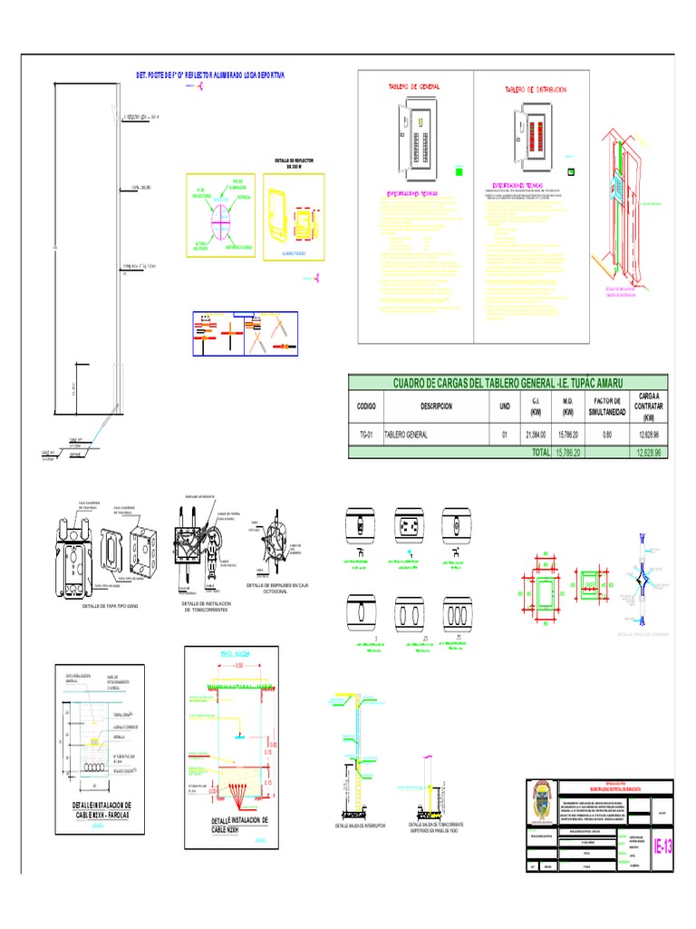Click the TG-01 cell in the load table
365,435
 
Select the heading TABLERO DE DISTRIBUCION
536,90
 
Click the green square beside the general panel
459,171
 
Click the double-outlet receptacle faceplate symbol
405,523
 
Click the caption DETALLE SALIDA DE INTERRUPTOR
360,826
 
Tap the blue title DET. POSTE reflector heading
197,75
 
